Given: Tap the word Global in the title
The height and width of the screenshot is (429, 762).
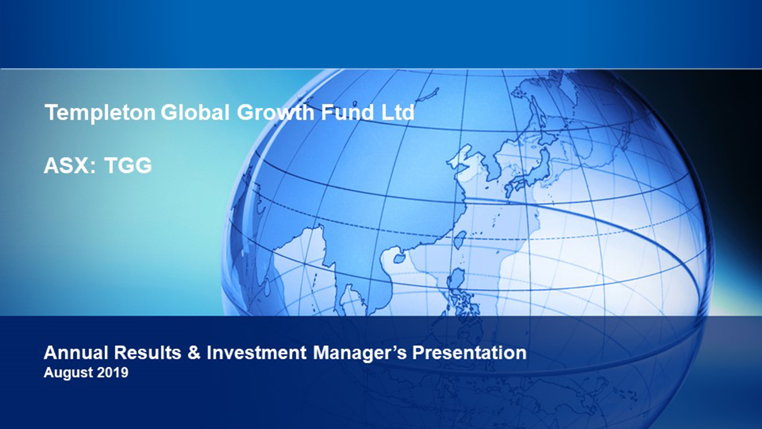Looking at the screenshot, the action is point(195,112).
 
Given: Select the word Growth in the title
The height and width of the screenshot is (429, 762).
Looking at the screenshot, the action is point(275,112).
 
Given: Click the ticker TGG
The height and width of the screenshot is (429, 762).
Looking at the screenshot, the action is point(128,165).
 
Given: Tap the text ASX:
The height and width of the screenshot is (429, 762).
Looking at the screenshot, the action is point(70,165).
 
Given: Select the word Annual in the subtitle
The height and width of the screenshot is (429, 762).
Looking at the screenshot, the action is point(76,352).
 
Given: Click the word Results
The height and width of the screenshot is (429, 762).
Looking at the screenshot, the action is point(148,352).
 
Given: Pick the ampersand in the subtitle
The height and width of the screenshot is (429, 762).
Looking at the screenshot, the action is point(194,352).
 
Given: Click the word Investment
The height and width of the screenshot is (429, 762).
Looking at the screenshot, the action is point(256,352).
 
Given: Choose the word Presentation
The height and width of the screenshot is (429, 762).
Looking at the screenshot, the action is point(469,352).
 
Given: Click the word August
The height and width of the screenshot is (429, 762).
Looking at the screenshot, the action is point(68,373).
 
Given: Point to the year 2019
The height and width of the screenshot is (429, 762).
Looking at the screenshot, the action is point(112,372).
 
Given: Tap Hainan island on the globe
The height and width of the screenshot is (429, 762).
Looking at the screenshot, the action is point(399,258).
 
